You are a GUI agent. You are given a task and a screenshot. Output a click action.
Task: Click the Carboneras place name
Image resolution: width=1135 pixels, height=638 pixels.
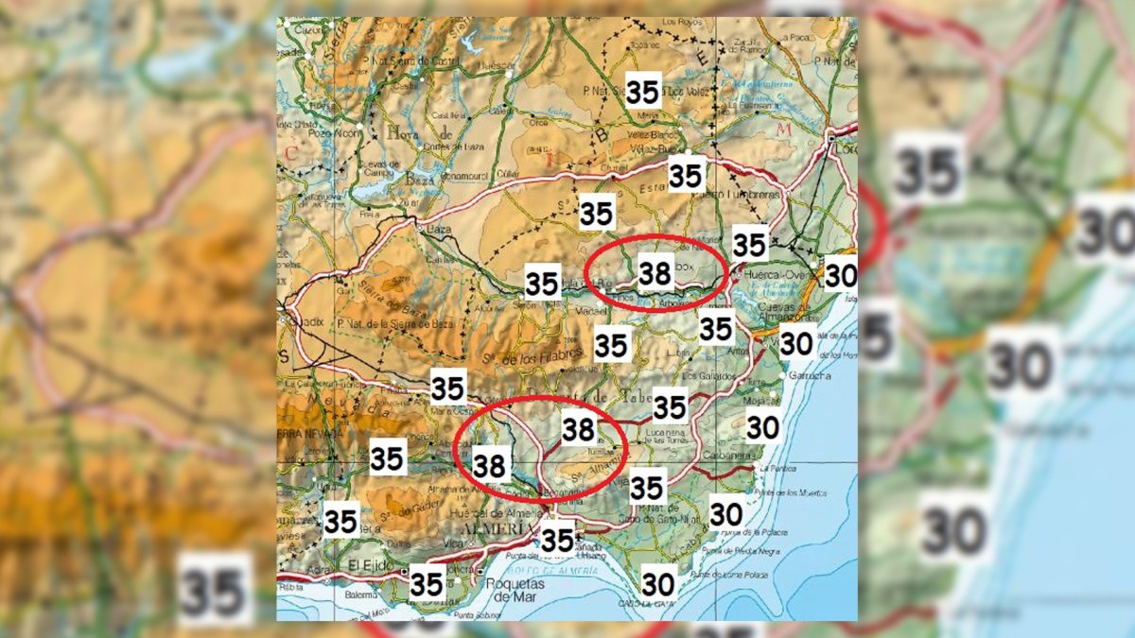pyautogui.click(x=781, y=452)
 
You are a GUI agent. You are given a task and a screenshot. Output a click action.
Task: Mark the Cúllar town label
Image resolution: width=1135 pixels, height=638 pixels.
pyautogui.click(x=508, y=172)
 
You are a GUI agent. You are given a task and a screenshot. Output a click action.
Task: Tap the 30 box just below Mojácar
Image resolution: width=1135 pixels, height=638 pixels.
pyautogui.click(x=762, y=428)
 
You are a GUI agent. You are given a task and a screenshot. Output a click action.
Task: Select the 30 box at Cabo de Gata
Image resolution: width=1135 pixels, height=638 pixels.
pyautogui.click(x=658, y=584)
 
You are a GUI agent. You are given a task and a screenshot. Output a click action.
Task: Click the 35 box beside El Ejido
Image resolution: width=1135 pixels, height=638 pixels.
pyautogui.click(x=427, y=584)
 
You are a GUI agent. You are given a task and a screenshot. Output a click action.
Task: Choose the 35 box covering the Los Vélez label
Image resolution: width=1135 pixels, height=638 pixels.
pyautogui.click(x=643, y=92)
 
